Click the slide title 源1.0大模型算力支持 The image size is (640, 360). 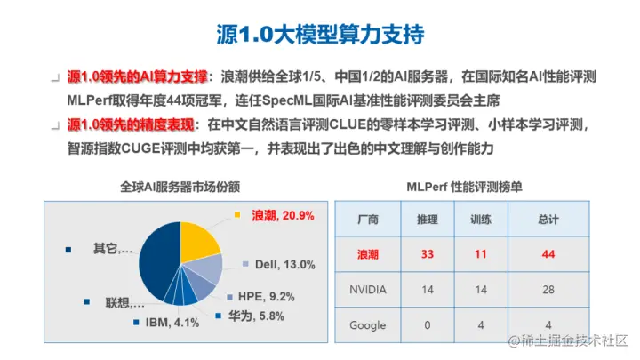click(x=320, y=36)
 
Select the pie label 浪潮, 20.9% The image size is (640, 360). click(x=282, y=216)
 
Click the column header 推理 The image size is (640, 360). click(x=427, y=219)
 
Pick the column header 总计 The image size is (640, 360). click(x=548, y=219)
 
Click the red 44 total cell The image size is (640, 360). click(x=548, y=254)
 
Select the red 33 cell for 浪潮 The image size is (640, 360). click(x=427, y=254)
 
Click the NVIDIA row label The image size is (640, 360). click(x=367, y=290)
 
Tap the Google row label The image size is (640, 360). click(x=367, y=325)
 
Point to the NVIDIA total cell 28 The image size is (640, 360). click(x=548, y=290)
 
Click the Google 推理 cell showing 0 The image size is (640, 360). click(x=427, y=325)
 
